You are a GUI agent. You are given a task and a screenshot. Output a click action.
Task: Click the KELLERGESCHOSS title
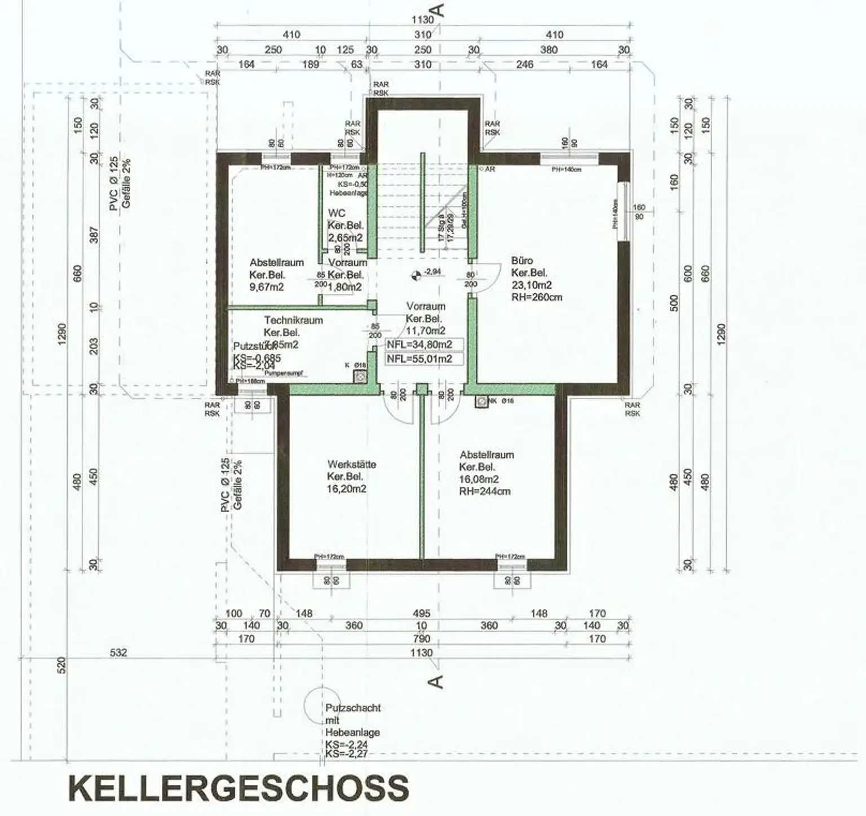[x=238, y=788]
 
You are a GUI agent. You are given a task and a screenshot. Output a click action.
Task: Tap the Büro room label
[x=522, y=261]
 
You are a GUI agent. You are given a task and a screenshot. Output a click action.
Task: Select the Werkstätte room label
[x=351, y=465]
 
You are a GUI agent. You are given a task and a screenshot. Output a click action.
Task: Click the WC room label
[x=337, y=213]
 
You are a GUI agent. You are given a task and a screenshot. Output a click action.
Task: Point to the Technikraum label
[x=293, y=320]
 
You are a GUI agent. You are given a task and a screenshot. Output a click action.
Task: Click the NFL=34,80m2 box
[x=419, y=345]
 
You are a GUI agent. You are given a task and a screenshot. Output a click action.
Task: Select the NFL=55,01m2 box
[x=419, y=359]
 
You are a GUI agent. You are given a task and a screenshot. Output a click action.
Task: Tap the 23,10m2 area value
[x=531, y=285]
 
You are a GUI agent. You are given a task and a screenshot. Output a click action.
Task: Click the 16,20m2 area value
[x=347, y=489]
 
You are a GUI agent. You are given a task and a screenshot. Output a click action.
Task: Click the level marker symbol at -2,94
[x=416, y=275]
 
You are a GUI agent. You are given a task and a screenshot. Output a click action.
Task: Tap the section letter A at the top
[x=438, y=11]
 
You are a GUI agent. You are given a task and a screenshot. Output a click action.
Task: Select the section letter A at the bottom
[x=436, y=682]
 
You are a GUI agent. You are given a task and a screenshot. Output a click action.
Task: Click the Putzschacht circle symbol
[x=319, y=706]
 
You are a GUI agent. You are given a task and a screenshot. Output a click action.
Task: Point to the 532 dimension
[x=118, y=653]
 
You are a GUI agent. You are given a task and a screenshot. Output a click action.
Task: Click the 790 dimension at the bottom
[x=421, y=639]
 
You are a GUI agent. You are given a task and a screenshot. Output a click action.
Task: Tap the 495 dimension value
[x=421, y=614]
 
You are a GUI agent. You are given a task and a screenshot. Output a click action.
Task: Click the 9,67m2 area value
[x=267, y=287]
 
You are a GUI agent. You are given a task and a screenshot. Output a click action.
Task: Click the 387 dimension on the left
[x=94, y=236]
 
